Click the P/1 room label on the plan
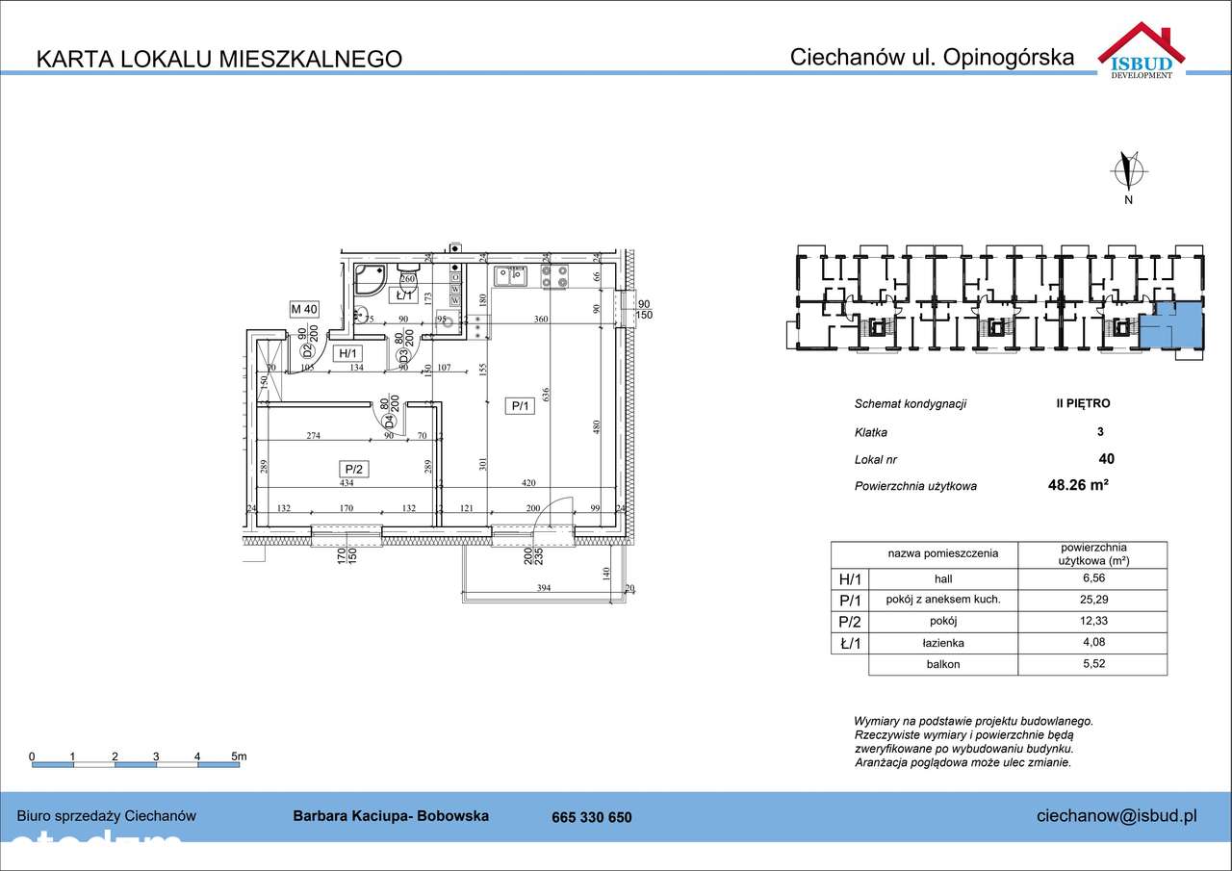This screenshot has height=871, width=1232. [x=520, y=407]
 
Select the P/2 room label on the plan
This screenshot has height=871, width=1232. [x=353, y=470]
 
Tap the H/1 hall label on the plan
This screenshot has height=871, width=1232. [x=346, y=354]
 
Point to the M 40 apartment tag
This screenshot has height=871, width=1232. [x=304, y=309]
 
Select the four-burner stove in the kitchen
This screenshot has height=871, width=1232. [x=553, y=277]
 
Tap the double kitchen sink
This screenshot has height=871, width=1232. [x=509, y=277]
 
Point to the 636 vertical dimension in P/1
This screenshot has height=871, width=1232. [x=545, y=396]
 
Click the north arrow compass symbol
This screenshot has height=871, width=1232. [x=1128, y=170]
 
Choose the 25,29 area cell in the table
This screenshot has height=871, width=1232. [x=1091, y=601]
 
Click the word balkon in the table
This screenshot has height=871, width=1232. [x=942, y=664]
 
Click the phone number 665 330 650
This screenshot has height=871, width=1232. [x=592, y=817]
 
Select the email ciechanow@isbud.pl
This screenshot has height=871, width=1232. [x=1116, y=816]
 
